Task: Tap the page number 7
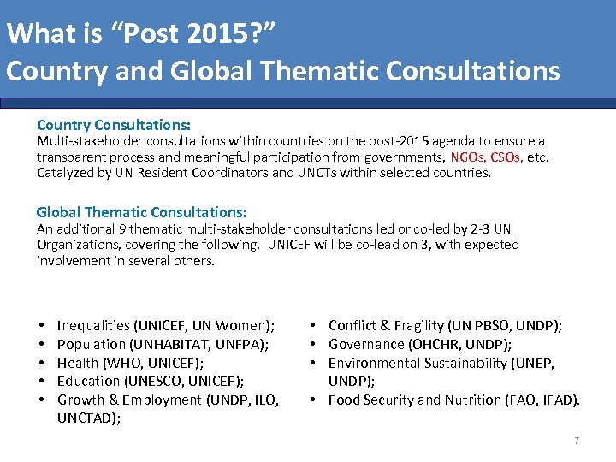(x=576, y=441)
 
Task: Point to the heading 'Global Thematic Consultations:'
(x=142, y=212)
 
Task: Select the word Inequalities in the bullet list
(x=93, y=325)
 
